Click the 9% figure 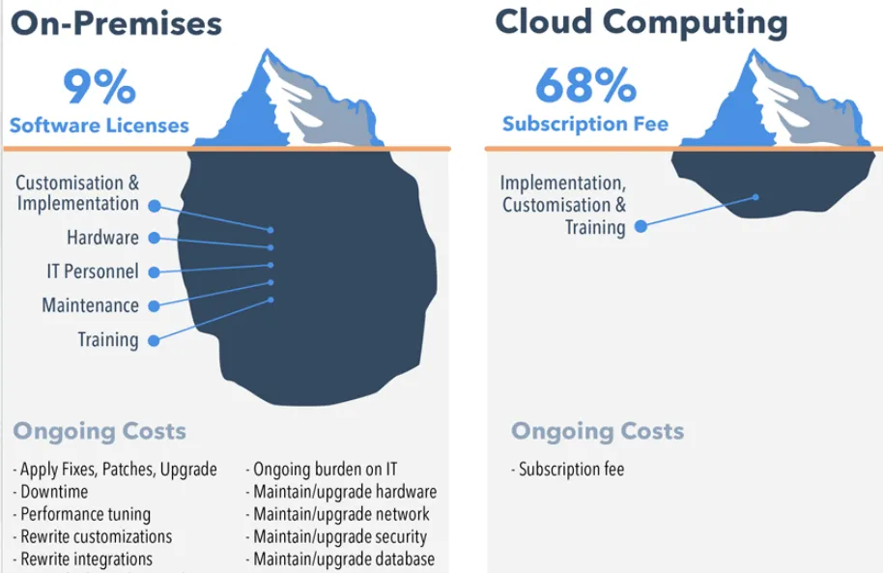[100, 87]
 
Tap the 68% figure [585, 86]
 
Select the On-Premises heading [116, 22]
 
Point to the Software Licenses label [100, 126]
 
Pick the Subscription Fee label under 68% [585, 125]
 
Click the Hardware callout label [102, 238]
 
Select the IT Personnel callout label [93, 272]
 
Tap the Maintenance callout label [90, 305]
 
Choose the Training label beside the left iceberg [108, 339]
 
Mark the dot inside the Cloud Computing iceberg [755, 197]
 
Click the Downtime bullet [53, 492]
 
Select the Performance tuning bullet [84, 514]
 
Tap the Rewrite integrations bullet [85, 559]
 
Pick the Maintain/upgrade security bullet [339, 536]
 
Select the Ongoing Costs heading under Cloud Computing [597, 431]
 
